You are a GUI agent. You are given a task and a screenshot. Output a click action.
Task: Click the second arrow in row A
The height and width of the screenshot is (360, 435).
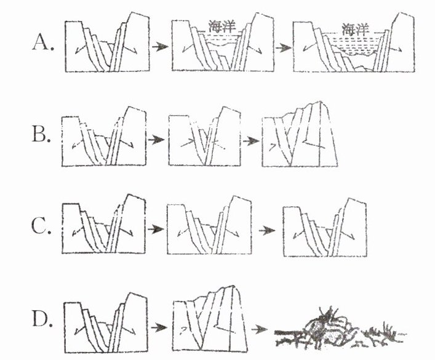tap(282, 47)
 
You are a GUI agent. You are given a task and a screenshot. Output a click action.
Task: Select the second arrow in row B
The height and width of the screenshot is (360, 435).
tap(250, 140)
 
